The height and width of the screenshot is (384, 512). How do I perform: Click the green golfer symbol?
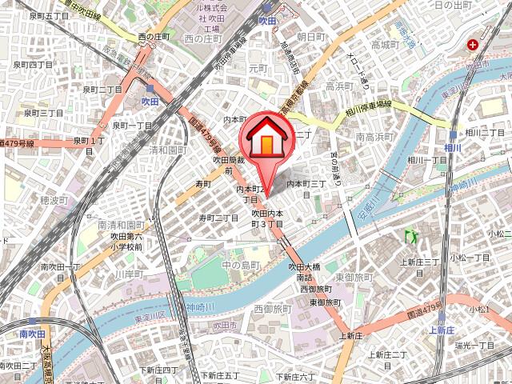(x=413, y=236)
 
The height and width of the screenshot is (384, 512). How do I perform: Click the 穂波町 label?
(x=56, y=198)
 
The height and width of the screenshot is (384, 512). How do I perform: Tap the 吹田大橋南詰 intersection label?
(x=305, y=271)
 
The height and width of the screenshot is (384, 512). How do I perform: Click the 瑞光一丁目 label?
(x=474, y=345)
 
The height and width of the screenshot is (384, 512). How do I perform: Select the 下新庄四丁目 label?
(x=158, y=370)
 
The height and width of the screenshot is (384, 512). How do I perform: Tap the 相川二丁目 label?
(x=483, y=133)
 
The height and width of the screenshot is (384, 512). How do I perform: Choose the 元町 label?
(x=258, y=69)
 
